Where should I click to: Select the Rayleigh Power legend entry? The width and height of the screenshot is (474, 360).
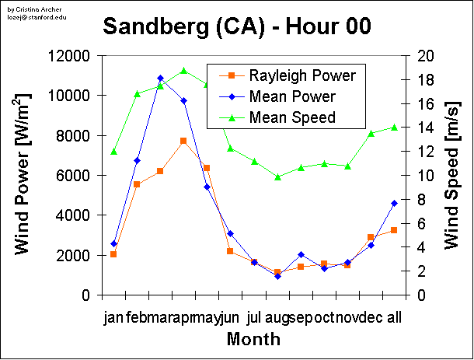click(291, 75)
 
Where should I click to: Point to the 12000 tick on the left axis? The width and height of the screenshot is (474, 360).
click(71, 56)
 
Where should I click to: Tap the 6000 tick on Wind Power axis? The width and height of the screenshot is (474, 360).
click(75, 175)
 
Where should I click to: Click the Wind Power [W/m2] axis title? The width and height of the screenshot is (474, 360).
click(25, 175)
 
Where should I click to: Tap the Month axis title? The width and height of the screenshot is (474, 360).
click(254, 339)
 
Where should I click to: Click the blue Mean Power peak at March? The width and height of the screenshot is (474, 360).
click(160, 79)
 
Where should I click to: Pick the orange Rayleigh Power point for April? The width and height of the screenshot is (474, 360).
click(183, 141)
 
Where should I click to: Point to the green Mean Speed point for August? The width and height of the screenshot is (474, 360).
click(277, 177)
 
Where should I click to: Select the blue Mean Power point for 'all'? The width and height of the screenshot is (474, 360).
click(394, 203)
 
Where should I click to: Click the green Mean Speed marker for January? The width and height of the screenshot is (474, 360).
click(113, 152)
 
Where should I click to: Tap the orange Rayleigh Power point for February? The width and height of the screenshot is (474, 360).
click(137, 184)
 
